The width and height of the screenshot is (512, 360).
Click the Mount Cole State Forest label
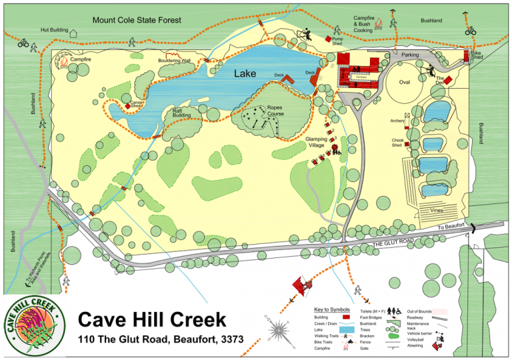(x=137, y=20)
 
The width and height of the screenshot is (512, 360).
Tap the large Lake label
(x=245, y=75)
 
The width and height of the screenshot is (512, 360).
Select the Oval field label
(x=405, y=82)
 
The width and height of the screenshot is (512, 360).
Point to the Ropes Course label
(x=275, y=111)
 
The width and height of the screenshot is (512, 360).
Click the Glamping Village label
(x=317, y=142)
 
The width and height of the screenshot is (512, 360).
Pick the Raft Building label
(x=181, y=113)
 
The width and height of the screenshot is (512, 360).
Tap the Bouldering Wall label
(x=175, y=61)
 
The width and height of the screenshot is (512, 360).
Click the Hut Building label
(x=54, y=30)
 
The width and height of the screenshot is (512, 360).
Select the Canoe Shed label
(x=136, y=104)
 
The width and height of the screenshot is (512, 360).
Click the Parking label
(x=410, y=55)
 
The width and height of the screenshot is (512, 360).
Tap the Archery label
(x=398, y=121)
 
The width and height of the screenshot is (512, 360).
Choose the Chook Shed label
(x=397, y=143)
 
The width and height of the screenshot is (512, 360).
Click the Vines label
(x=437, y=210)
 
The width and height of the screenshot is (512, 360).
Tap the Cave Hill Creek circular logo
(x=34, y=327)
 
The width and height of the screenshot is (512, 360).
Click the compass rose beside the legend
(x=279, y=331)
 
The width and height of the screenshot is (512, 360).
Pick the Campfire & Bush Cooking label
(x=363, y=26)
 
